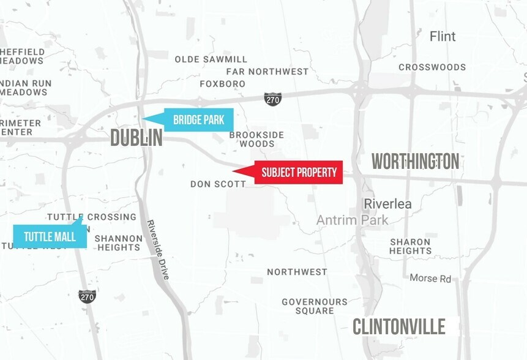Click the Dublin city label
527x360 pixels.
pos(136,138)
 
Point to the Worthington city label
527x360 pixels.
pos(416,162)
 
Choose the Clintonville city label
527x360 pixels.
pos(399,326)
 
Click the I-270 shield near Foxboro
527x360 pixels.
pos(273,99)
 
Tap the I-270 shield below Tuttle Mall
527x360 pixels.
pos(88,296)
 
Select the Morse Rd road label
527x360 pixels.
pos(430,279)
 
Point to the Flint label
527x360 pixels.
pos(443,37)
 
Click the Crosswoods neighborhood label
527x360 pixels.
pos(432,67)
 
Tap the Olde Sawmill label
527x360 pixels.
pos(211,59)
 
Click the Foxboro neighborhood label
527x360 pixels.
pos(223,84)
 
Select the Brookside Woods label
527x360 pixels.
pos(256,139)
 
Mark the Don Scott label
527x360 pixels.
pos(218,184)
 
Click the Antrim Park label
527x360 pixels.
pos(352,220)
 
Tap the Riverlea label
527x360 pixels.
pos(387,204)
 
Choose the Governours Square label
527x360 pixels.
pos(315,306)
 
